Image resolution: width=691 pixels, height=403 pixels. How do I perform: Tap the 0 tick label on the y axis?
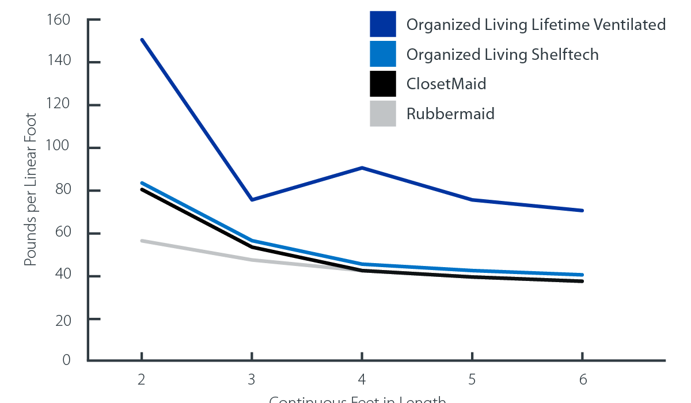(x=66, y=361)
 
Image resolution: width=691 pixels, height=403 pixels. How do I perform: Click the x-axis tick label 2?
(x=142, y=379)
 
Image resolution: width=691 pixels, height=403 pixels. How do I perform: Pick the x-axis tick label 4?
(x=362, y=379)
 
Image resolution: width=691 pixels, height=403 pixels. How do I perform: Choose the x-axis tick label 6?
(x=583, y=379)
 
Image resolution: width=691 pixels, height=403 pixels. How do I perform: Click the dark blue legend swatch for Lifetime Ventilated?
(x=383, y=24)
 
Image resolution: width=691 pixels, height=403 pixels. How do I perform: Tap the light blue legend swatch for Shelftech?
(x=383, y=54)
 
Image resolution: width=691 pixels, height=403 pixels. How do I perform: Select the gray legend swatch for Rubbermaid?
(x=383, y=113)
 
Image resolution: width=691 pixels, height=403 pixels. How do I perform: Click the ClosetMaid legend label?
(x=446, y=84)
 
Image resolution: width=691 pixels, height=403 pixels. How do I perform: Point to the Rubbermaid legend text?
(x=450, y=113)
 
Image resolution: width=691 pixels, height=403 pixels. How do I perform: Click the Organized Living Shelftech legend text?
(x=503, y=55)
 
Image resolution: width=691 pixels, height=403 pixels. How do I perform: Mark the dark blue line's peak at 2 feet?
(x=142, y=40)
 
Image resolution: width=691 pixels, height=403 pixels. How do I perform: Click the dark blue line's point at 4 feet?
(x=362, y=168)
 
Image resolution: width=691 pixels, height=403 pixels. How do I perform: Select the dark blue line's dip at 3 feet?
(x=252, y=200)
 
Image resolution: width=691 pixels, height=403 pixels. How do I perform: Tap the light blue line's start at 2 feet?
(x=142, y=183)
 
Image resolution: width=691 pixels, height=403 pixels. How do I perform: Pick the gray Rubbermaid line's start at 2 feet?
(x=142, y=241)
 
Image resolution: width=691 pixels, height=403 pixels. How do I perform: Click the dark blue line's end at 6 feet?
(x=582, y=211)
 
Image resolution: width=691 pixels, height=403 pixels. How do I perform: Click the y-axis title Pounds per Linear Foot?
(x=31, y=190)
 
